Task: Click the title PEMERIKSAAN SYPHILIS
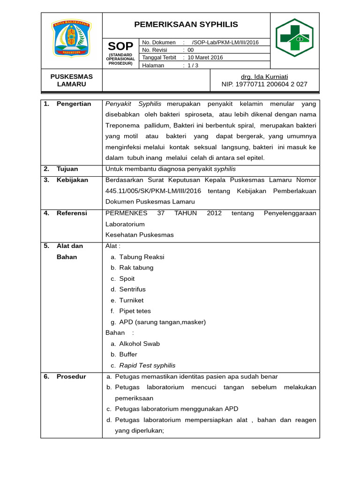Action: (186, 24)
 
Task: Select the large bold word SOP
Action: (120, 46)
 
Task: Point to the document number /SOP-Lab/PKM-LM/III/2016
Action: (225, 42)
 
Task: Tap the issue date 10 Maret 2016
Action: (205, 58)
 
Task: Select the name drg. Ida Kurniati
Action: (264, 77)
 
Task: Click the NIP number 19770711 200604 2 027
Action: (264, 84)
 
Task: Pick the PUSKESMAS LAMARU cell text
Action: (71, 80)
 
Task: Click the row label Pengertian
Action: (74, 104)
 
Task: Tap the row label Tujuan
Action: (67, 169)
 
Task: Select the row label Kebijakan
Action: (72, 180)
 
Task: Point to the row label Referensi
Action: (72, 213)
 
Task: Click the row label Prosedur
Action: (71, 376)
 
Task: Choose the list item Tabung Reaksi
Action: (142, 257)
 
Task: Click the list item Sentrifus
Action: (132, 289)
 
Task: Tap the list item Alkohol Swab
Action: (139, 344)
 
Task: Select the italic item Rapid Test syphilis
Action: (147, 365)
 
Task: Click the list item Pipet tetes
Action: (135, 311)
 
